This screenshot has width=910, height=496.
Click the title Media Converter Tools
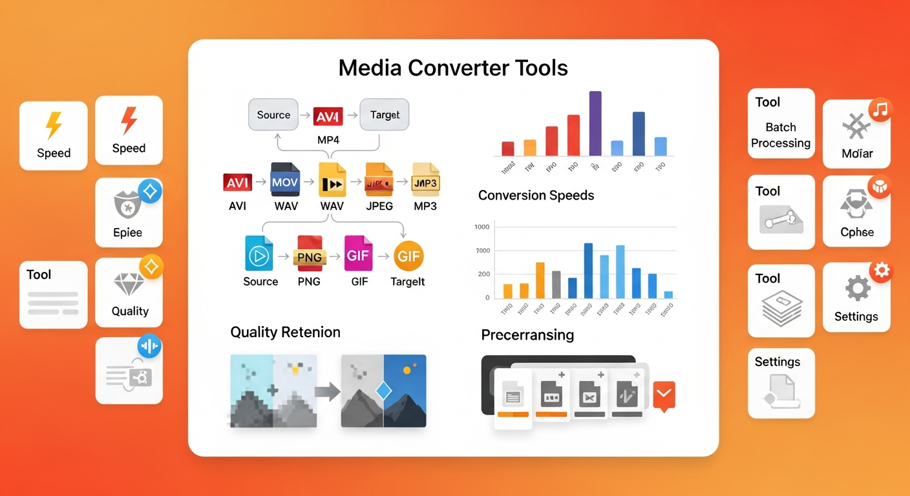point(453,68)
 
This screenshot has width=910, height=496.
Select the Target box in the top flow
point(385,115)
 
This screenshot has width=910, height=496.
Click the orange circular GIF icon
point(408,256)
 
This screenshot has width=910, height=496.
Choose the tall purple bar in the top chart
point(595,123)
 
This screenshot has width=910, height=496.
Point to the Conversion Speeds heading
point(536,195)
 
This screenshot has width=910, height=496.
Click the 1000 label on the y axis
point(482,227)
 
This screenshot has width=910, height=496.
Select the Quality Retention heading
point(285,332)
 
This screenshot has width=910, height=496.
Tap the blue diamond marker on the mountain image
point(384,391)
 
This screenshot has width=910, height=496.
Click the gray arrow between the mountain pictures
point(327,391)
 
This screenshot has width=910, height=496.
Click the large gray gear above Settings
point(857,288)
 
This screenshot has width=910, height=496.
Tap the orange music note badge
point(880,110)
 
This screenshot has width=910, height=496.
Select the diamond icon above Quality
point(129,284)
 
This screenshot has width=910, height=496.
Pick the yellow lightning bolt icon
point(54,126)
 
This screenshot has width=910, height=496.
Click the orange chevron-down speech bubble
point(664,394)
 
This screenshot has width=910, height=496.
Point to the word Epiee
point(127,232)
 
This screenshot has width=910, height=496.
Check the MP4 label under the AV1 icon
point(330,139)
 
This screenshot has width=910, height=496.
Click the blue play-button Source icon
point(260,254)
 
